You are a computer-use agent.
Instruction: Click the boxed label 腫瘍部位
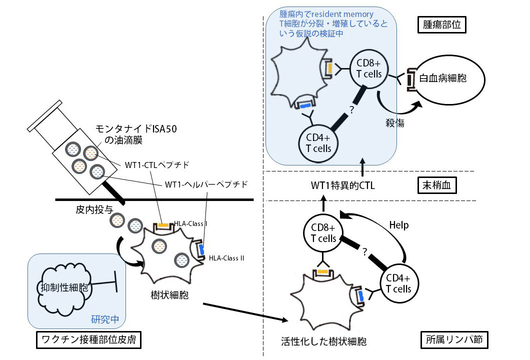[441, 25]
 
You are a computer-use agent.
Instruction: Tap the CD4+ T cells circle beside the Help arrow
[398, 283]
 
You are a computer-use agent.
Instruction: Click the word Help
[398, 225]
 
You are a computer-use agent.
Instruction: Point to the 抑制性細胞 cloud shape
[63, 287]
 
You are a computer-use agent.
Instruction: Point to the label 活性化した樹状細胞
[324, 342]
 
